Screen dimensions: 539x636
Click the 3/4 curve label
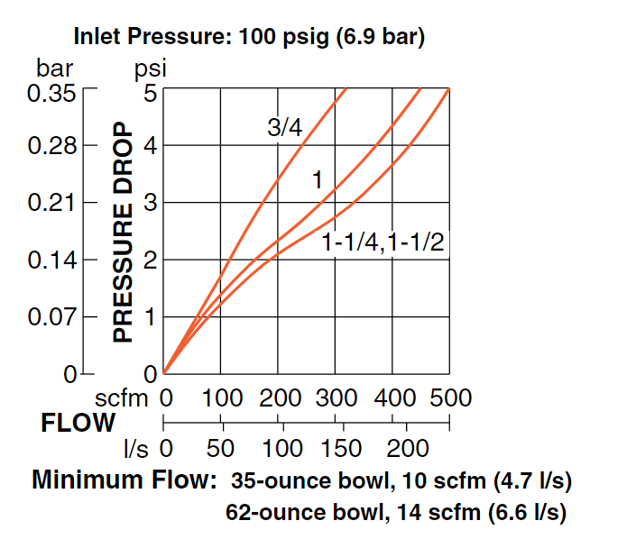pos(284,128)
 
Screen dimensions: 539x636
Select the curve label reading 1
pos(317,180)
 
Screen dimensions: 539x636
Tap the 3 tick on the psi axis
pos(150,203)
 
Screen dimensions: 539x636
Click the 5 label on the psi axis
pos(150,92)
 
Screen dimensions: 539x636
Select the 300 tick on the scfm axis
pos(337,397)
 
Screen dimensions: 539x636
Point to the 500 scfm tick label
pos(450,397)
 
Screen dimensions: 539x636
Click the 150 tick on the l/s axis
pos(342,448)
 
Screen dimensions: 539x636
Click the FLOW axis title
pos(78,422)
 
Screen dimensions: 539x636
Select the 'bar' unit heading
pos(54,69)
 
